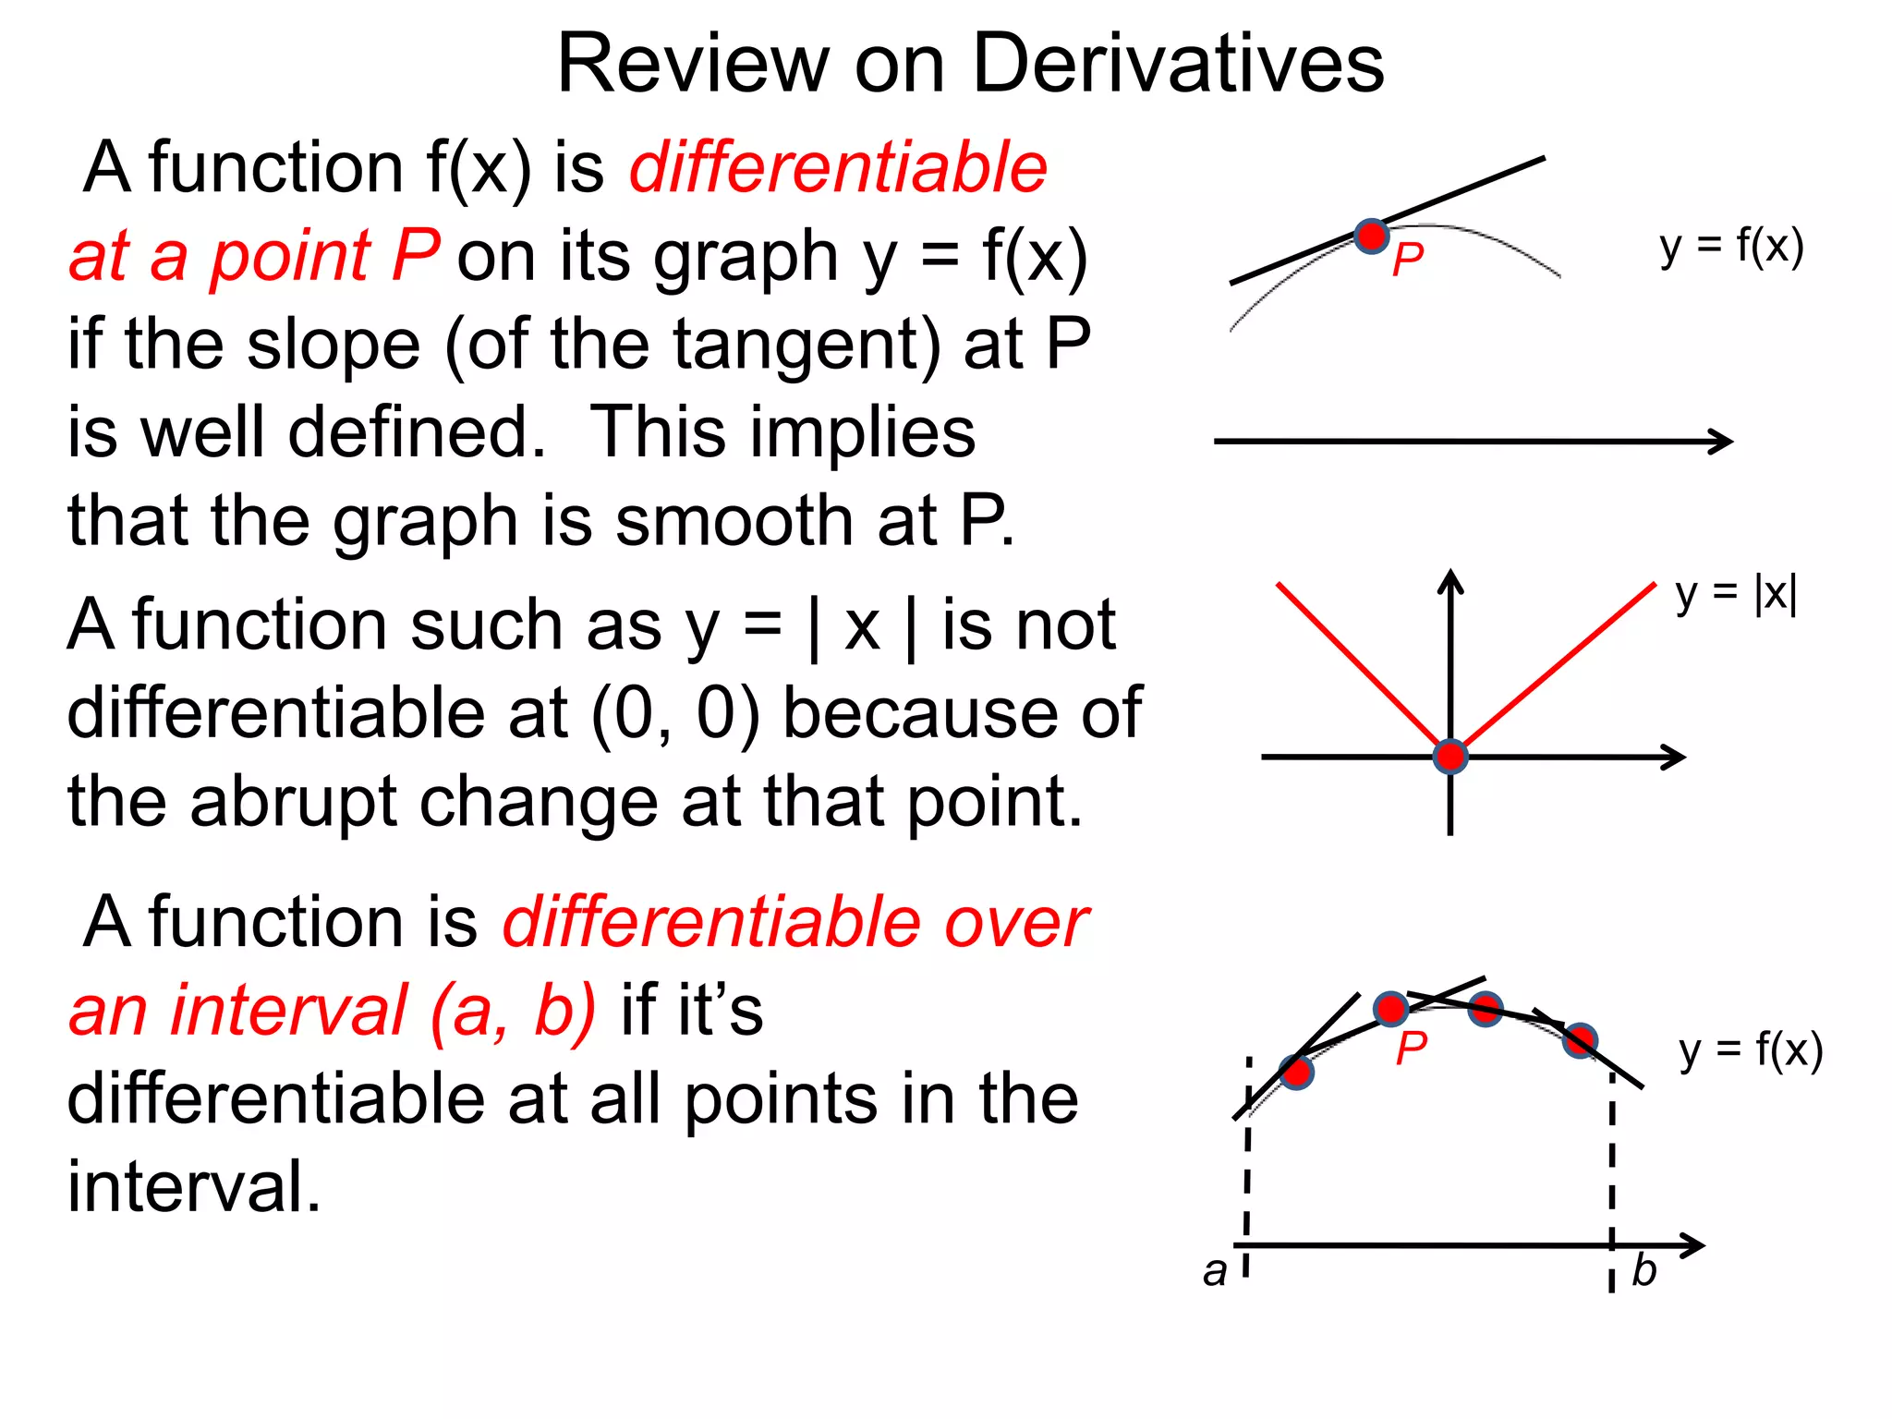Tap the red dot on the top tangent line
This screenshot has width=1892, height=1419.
(x=1372, y=236)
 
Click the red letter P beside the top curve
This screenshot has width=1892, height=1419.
(x=1407, y=261)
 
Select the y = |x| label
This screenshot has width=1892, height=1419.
(x=1736, y=594)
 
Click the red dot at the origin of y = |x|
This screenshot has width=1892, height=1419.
(x=1450, y=757)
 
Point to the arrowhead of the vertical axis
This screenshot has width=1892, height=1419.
(x=1451, y=579)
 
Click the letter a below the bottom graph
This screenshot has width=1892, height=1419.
(x=1215, y=1272)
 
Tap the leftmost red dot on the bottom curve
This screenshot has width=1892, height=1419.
(x=1296, y=1073)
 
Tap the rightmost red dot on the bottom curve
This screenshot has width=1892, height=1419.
(x=1581, y=1041)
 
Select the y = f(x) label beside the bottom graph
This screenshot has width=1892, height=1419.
(x=1751, y=1051)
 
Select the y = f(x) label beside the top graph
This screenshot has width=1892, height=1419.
(x=1731, y=248)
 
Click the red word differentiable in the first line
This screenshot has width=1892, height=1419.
(x=838, y=168)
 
